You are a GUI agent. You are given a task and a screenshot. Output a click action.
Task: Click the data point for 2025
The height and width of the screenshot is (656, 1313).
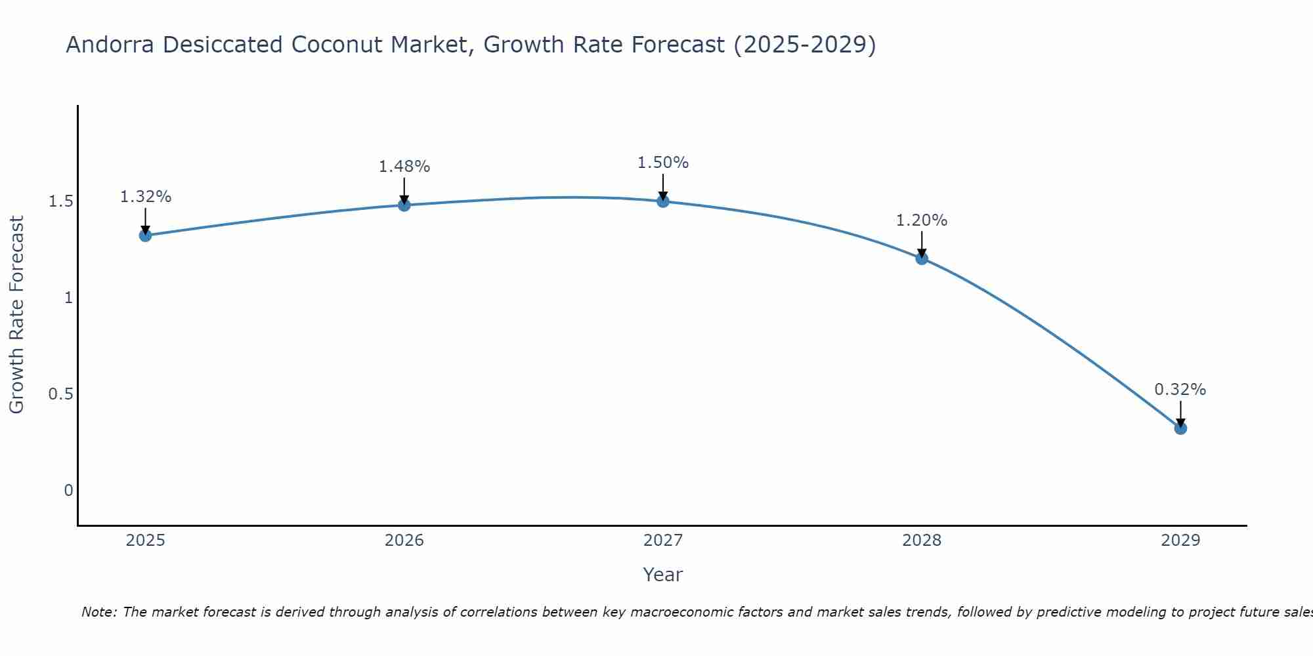point(145,236)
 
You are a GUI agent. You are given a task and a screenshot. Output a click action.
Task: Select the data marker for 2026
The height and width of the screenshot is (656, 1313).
point(404,205)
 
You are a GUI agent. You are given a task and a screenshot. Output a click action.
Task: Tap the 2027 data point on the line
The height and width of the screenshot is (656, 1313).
point(662,201)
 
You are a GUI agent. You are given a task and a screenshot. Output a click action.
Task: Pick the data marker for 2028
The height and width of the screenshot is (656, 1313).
point(921,258)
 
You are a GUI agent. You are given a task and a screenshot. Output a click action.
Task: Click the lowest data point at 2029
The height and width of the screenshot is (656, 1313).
point(1180,428)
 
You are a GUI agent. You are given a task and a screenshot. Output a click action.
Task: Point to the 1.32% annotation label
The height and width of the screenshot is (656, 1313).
point(146,197)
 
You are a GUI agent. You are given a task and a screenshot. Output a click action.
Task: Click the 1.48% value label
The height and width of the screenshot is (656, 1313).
point(404,167)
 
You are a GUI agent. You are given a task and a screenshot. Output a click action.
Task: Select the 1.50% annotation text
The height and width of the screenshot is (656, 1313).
point(662,163)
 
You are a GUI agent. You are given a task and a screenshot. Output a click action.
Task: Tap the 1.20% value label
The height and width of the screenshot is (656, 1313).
point(921,220)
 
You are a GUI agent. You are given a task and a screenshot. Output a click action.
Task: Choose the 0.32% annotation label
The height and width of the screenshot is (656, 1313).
point(1180,390)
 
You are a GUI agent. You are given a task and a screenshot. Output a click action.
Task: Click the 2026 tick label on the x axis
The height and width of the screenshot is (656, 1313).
point(404,541)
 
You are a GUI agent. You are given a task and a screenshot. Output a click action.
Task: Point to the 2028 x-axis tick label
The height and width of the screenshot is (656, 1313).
point(921,541)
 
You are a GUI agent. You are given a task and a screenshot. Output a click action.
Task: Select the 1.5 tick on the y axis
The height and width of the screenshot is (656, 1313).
point(60,201)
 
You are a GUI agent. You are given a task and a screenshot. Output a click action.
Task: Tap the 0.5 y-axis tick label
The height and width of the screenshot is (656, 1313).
point(60,394)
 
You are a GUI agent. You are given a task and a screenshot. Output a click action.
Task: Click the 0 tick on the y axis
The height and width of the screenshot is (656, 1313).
point(68,491)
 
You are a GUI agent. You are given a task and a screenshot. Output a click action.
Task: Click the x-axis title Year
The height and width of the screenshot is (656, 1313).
point(662,575)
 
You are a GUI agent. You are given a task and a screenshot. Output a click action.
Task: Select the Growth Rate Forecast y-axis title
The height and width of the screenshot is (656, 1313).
point(16,315)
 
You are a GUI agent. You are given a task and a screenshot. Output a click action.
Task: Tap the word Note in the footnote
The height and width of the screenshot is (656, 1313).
point(98,612)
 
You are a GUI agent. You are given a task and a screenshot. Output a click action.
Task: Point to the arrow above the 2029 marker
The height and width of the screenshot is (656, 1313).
point(1180,413)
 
